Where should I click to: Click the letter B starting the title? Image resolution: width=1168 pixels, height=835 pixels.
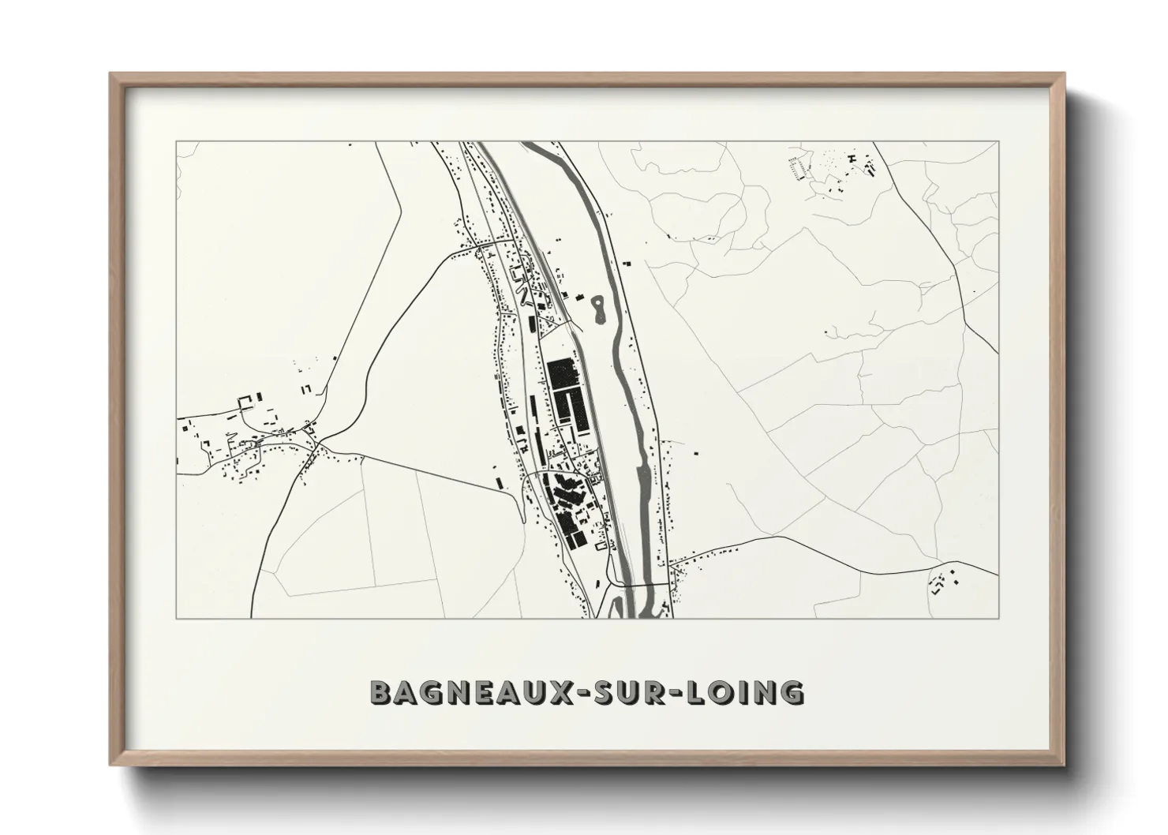[x=380, y=692]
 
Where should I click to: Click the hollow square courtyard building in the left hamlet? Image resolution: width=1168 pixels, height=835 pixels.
[x=247, y=404]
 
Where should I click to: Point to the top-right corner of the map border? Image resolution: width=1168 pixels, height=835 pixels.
[x=999, y=141]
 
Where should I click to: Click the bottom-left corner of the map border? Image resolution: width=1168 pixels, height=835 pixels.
[x=176, y=618]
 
